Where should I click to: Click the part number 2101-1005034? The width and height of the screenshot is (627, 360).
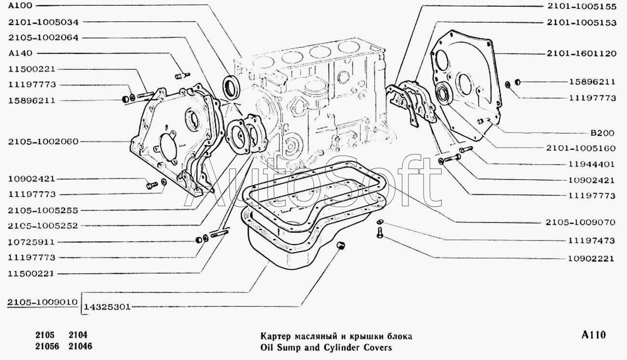[43, 22]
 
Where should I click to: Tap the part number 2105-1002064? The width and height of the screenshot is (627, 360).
[43, 38]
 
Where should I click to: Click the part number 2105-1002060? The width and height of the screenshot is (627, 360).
[43, 141]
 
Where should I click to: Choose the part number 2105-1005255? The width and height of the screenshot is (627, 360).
[43, 210]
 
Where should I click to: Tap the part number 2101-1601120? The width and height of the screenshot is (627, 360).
[582, 53]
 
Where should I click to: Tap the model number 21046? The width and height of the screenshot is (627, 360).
[80, 346]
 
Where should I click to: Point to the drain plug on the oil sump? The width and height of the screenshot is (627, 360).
[341, 245]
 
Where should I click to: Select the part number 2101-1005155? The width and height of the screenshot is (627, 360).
[582, 7]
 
